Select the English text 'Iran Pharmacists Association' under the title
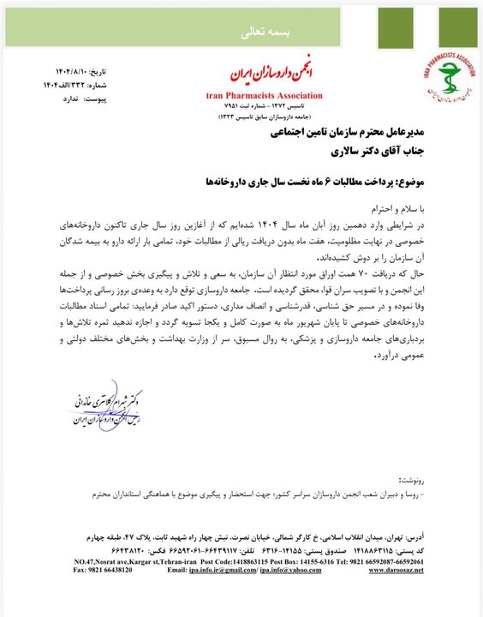coord(264,95)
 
